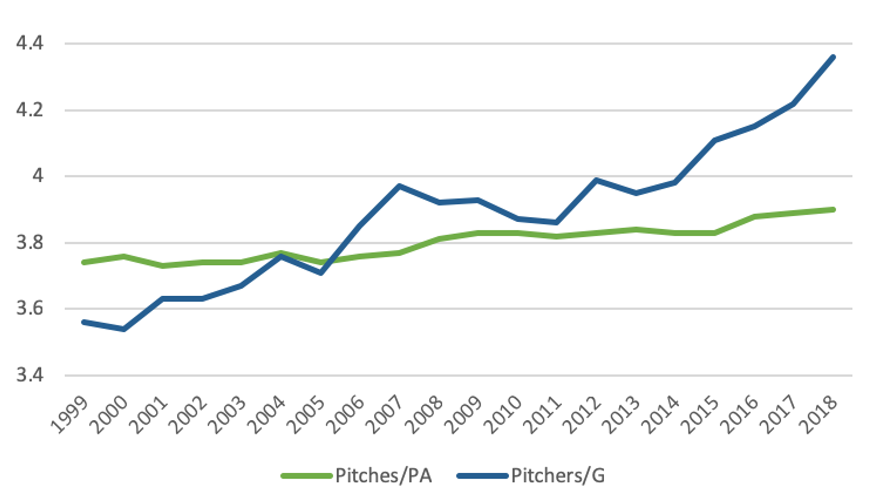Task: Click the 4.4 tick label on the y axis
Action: click(30, 43)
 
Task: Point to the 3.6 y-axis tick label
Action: click(30, 308)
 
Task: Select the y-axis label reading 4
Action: click(38, 176)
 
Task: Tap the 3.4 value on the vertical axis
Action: click(30, 375)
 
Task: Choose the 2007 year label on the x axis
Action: click(385, 415)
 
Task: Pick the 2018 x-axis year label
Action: click(819, 415)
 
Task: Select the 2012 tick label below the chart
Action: click(582, 415)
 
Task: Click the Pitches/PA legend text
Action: click(383, 476)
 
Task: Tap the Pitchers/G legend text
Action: click(558, 476)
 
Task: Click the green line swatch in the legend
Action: click(306, 476)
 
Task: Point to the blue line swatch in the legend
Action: click(482, 476)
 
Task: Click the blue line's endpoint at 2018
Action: click(833, 57)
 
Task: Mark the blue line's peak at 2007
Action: click(399, 186)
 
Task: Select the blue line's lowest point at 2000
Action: click(124, 329)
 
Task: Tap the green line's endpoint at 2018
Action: click(833, 209)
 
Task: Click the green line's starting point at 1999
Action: click(84, 262)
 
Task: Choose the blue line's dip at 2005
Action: click(321, 273)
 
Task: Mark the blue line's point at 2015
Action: click(715, 140)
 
